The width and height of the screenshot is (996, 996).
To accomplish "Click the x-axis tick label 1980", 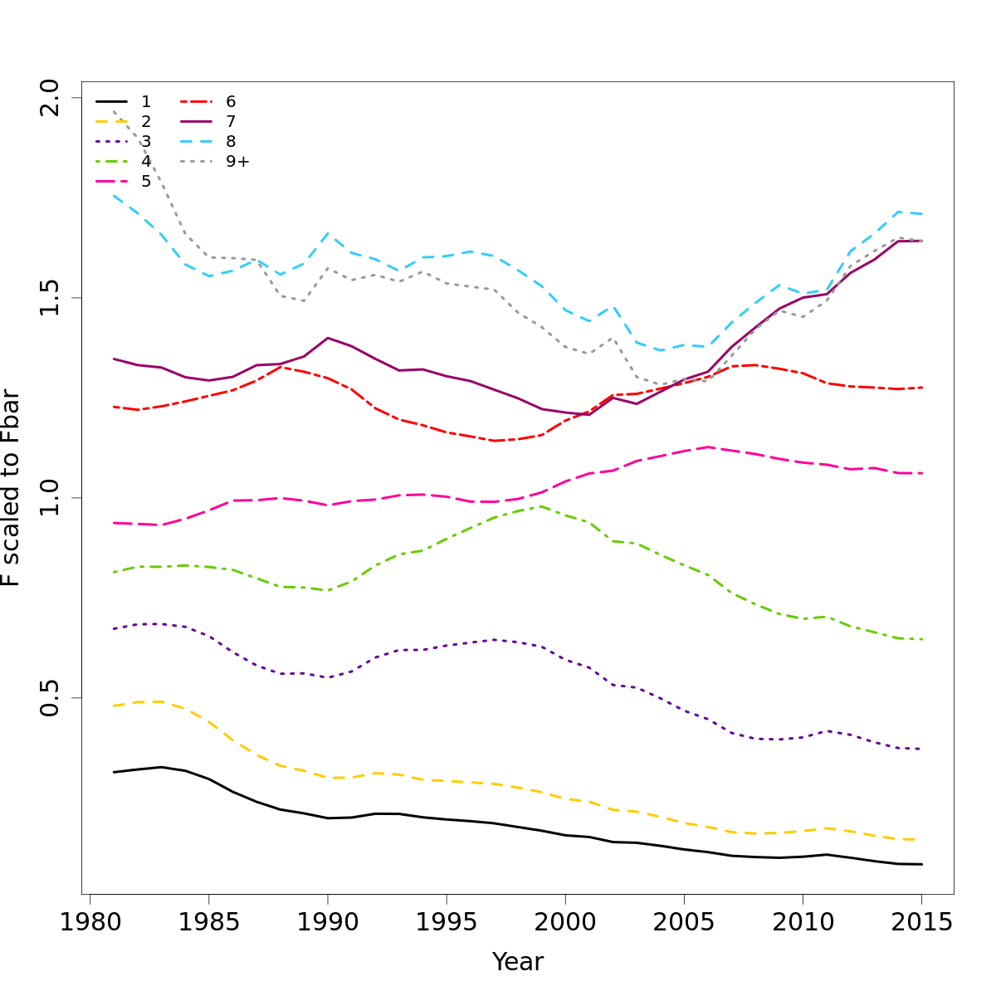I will click(x=89, y=924).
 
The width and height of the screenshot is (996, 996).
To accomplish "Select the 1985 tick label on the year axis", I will click(x=208, y=924).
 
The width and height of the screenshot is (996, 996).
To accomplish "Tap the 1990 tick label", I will click(x=327, y=924).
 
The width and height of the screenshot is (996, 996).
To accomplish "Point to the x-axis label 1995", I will click(x=446, y=924).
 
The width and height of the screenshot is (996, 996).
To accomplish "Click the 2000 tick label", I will click(x=564, y=924).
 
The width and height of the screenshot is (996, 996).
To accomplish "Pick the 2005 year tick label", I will click(x=684, y=924).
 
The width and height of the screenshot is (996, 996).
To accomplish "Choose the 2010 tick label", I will click(x=803, y=924).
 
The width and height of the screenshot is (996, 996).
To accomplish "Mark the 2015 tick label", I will click(x=921, y=924).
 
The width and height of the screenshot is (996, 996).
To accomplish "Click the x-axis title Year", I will click(x=518, y=962).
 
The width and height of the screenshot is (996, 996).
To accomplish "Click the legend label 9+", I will click(x=237, y=162).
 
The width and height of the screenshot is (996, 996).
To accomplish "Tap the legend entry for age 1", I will click(x=146, y=102).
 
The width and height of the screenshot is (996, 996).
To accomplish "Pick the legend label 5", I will click(x=146, y=182).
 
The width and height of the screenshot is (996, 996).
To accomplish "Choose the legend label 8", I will click(x=231, y=142).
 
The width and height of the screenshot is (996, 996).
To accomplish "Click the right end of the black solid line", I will click(x=922, y=864).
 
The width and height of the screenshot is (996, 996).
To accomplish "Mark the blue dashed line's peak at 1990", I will click(x=328, y=233).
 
